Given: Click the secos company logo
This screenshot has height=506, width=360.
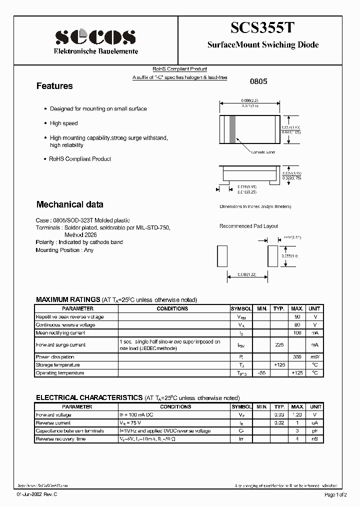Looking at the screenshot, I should coord(95,36).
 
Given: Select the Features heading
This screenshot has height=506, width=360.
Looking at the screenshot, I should coord(54,86).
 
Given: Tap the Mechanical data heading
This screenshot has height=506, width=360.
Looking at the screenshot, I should coord(69,204).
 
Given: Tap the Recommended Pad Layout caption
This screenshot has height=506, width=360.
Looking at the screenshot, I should coord(248,226).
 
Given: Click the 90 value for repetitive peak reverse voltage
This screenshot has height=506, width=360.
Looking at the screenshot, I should coord(297,317).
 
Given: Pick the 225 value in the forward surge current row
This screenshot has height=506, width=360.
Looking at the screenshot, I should coord(280,345).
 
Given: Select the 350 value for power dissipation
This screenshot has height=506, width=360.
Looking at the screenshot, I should coord(297,357).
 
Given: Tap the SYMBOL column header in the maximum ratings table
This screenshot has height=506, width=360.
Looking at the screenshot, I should coord(241,309).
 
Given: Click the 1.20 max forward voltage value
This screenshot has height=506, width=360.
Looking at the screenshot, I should coord(297,415).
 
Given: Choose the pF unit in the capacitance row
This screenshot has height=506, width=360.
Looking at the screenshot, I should coord(314,431).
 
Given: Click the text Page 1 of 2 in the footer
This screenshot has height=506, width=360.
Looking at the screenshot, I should coord(338,494).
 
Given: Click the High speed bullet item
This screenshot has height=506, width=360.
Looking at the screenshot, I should coord(63,123).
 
